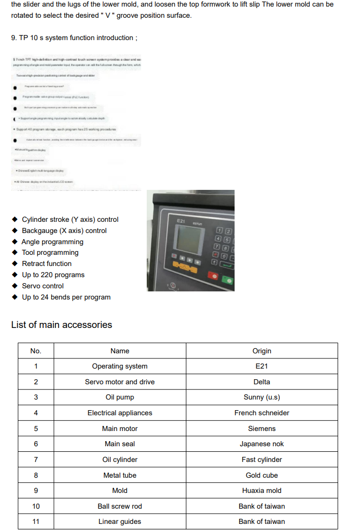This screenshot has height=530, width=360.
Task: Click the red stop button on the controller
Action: tap(214, 277)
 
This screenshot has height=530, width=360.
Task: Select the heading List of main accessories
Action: tap(61, 325)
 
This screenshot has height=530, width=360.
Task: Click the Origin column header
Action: tap(261, 351)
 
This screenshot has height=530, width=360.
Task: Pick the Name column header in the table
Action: tap(120, 351)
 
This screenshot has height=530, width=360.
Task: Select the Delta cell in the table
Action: tap(261, 382)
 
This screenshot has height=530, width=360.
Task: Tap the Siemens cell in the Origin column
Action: tap(261, 428)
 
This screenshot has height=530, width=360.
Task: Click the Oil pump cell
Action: tap(120, 397)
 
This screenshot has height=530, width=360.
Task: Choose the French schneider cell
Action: tap(261, 413)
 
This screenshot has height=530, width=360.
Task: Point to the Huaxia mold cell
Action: tap(261, 490)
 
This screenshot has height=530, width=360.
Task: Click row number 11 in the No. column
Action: tap(36, 521)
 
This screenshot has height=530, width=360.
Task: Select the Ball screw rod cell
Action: tap(120, 506)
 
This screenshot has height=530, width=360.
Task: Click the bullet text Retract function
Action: tap(47, 263)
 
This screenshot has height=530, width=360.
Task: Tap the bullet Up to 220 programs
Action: tap(53, 275)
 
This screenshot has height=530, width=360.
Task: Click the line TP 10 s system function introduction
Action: tap(74, 38)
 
